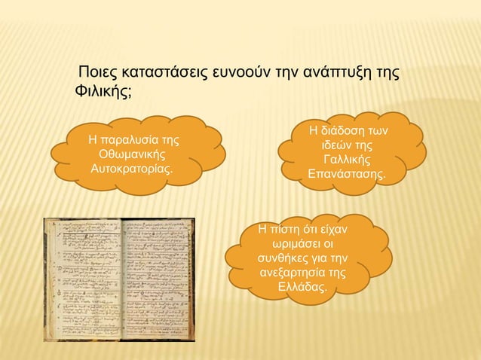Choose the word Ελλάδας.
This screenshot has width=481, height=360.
click(x=302, y=288)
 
